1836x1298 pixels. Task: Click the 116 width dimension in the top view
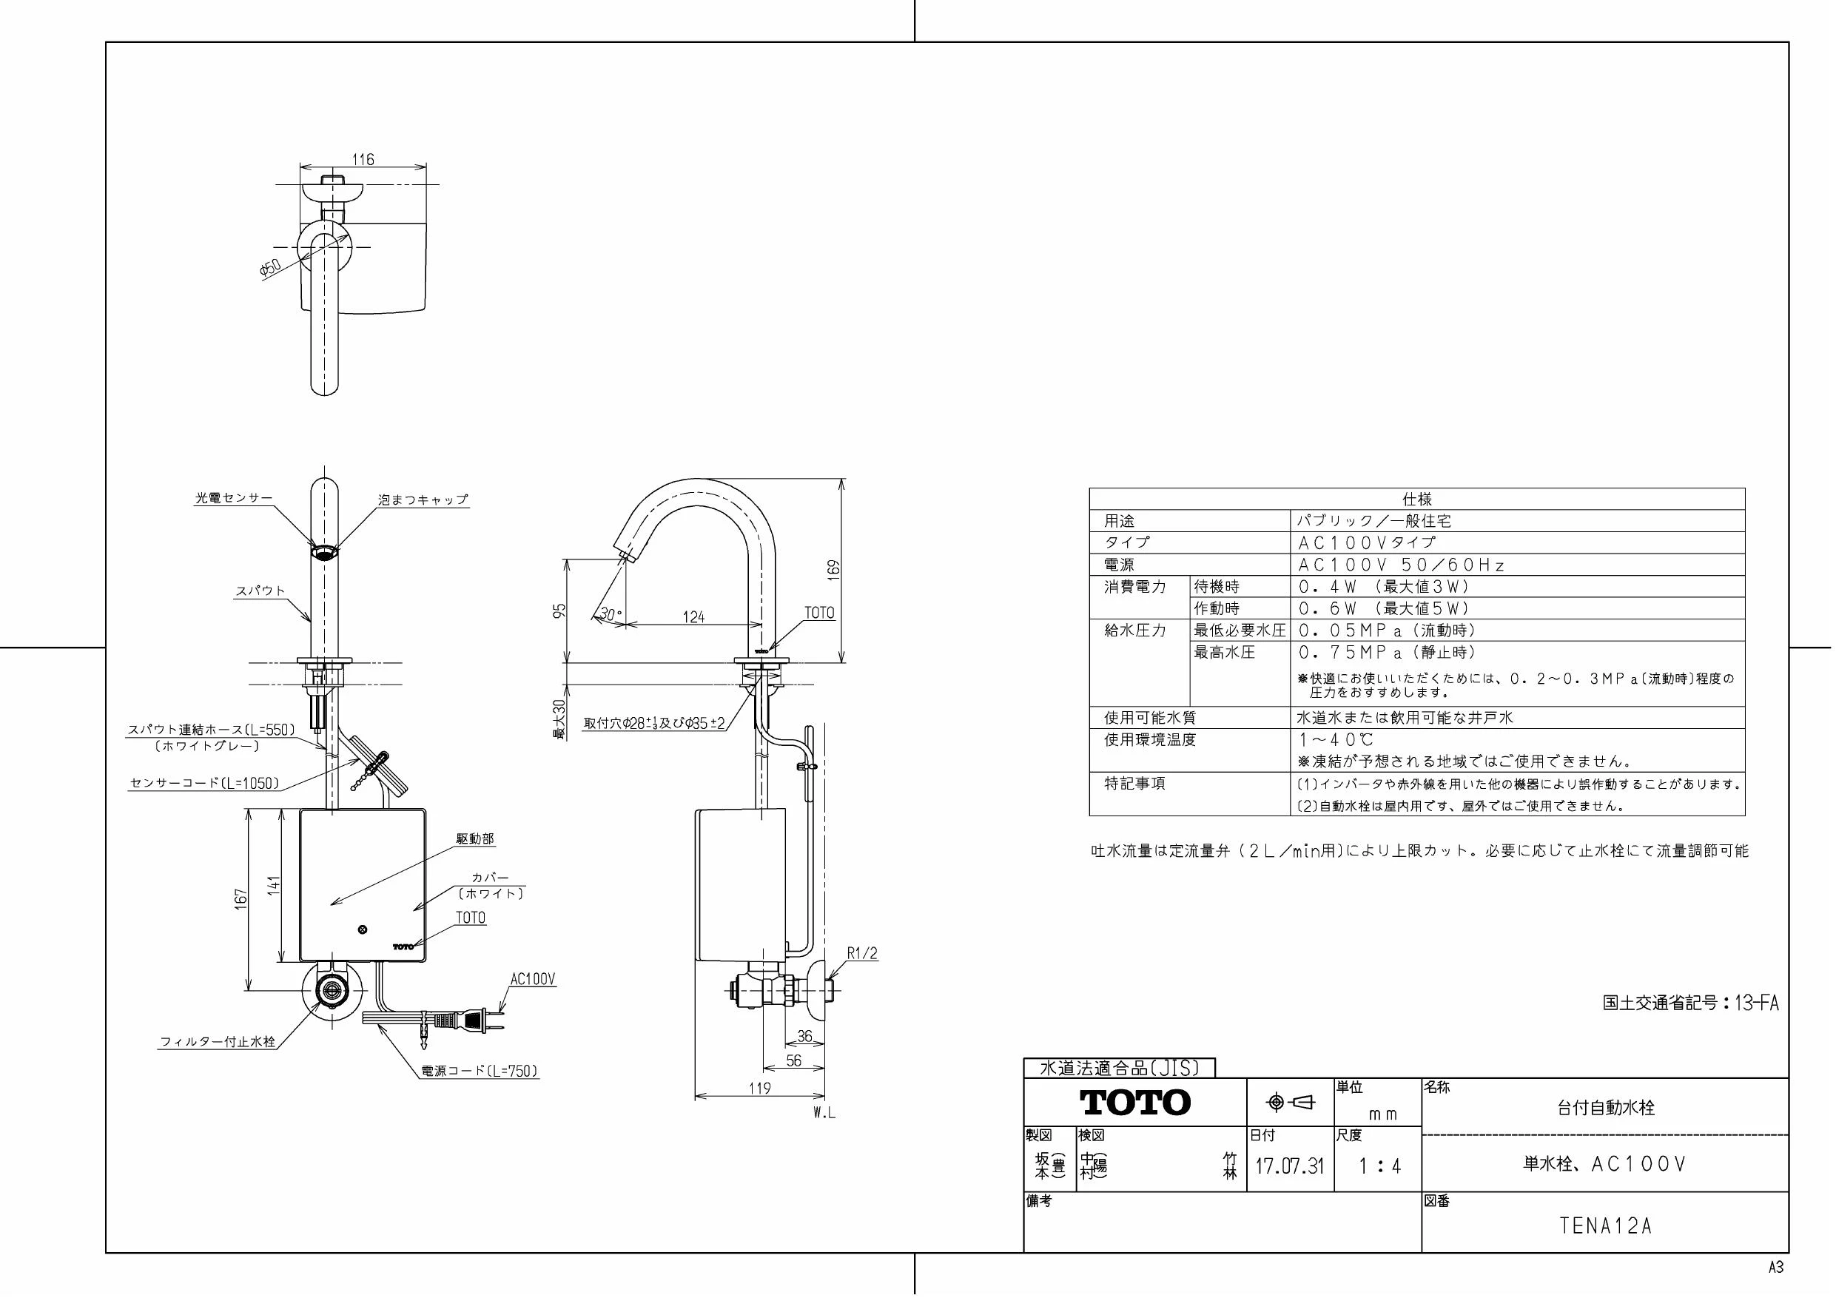coord(363,159)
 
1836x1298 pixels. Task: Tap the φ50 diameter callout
coord(271,267)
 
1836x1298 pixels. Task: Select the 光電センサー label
coord(235,497)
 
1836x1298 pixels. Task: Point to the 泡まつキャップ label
coord(423,500)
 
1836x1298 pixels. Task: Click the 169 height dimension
coord(834,568)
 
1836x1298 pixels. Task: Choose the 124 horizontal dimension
coord(693,616)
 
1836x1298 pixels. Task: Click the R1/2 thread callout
coord(862,953)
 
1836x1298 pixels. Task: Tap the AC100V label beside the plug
coord(533,980)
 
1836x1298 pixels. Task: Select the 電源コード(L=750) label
coord(480,1071)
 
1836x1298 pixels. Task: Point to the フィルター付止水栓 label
coord(218,1042)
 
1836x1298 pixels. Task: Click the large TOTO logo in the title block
coord(1135,1103)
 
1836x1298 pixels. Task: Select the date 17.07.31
coord(1289,1166)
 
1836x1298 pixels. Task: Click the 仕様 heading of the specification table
coord(1416,499)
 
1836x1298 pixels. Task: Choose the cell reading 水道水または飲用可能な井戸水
coord(1405,717)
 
